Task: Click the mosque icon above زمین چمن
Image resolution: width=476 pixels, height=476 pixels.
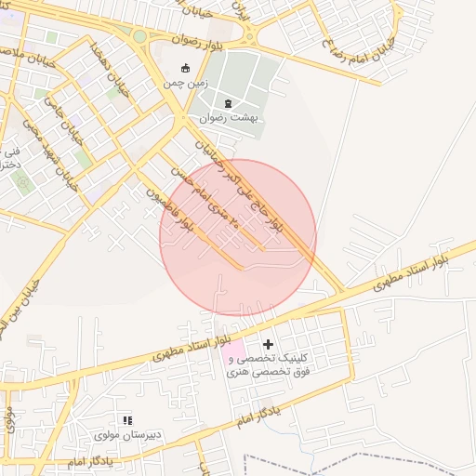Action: coord(184,68)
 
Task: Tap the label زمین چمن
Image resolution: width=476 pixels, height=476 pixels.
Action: coord(183,84)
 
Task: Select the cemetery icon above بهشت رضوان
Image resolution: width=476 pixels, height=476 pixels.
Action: coord(229,102)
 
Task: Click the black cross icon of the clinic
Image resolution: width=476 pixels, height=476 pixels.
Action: coord(269,345)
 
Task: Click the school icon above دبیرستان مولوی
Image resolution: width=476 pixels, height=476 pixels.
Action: coord(127,421)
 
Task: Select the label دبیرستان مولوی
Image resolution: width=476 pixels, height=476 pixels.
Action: coord(127,435)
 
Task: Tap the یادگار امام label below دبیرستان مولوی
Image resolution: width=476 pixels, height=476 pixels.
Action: coord(91,461)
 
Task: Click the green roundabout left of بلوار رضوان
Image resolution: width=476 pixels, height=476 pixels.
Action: coord(139,36)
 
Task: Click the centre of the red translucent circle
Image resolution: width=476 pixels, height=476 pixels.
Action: coord(238,237)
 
